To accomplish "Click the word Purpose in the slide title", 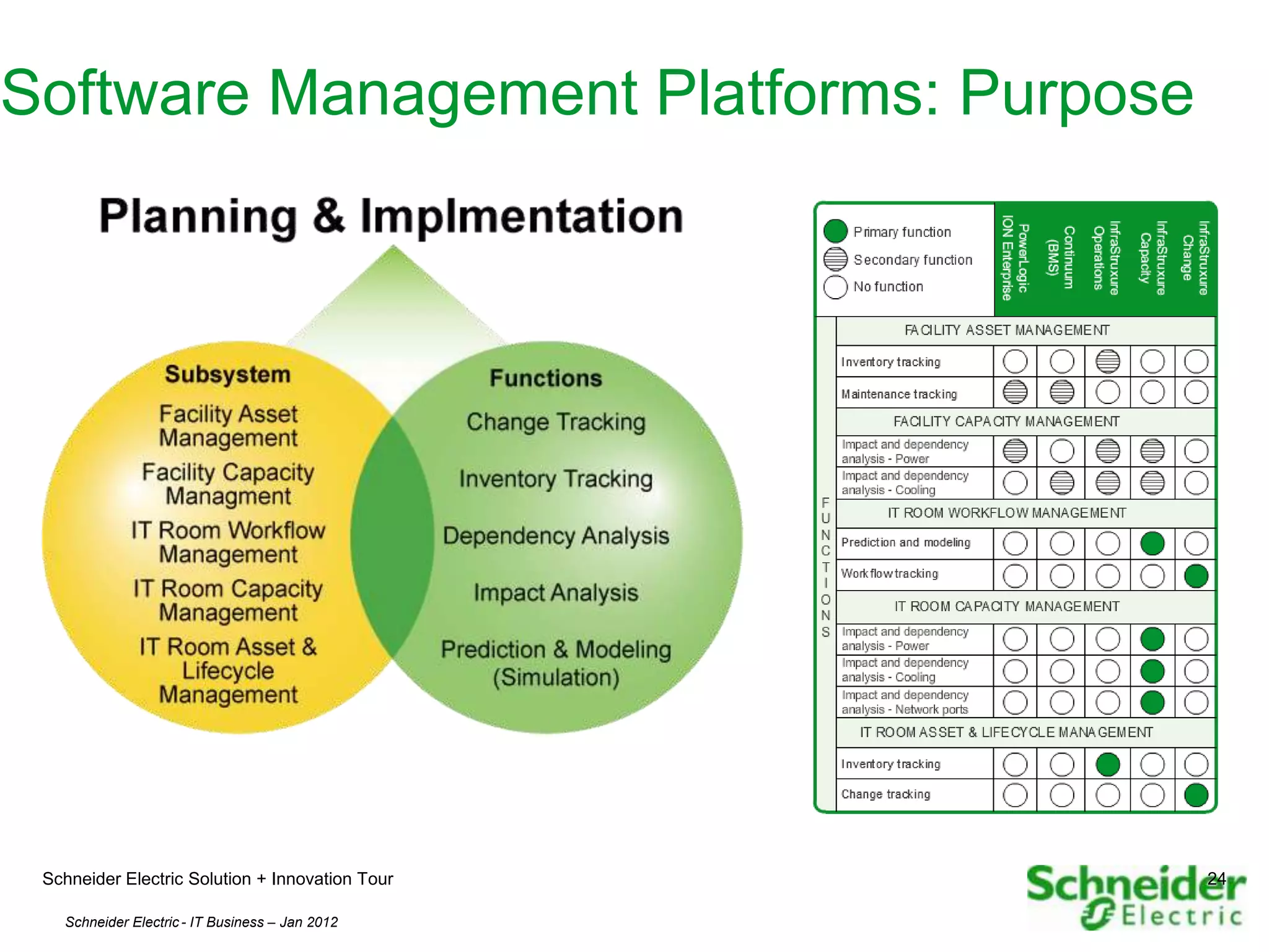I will pos(1076,94).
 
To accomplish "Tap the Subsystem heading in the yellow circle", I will pos(227,374).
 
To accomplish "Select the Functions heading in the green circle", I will pos(545,378).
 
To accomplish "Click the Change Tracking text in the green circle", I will pos(556,422).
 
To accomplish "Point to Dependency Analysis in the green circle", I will pos(556,535).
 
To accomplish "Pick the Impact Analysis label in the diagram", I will pos(556,593).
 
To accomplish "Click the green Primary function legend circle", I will pos(835,231).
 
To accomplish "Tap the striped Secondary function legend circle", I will pos(835,259).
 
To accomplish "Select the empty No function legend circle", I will pos(835,287).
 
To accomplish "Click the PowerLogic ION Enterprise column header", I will pos(1015,259).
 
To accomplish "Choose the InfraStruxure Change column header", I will pos(1195,259).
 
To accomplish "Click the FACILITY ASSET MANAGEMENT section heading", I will pos(1007,330).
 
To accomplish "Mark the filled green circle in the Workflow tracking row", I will pos(1196,576).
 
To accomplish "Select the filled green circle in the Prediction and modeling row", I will pos(1152,544).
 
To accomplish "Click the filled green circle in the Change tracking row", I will pos(1196,795).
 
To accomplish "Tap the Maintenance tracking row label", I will pos(898,394).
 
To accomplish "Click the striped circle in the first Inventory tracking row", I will pos(1107,361).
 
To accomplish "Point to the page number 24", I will pos(1216,878).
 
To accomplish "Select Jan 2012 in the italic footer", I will pos(309,922).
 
